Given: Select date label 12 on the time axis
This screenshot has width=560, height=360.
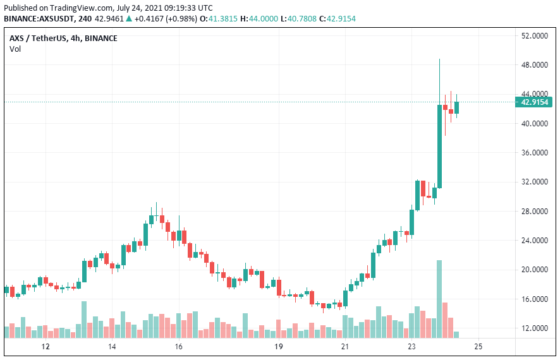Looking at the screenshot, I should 45,347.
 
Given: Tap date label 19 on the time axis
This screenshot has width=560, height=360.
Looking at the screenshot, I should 278,347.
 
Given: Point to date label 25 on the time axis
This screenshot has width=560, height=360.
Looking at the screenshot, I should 478,347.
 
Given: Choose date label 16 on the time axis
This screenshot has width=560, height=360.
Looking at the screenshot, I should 178,347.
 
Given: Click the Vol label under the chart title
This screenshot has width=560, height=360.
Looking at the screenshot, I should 15,49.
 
